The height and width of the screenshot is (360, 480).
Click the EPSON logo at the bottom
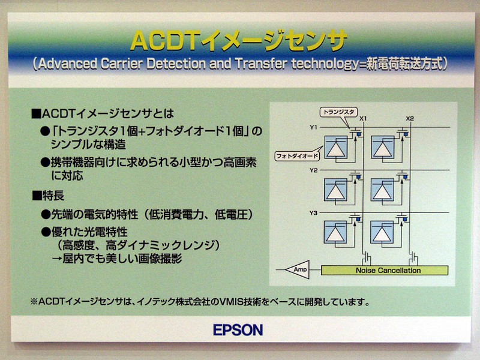point(238,330)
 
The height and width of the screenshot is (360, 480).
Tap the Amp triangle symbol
point(298,269)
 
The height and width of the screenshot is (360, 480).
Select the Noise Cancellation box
point(385,271)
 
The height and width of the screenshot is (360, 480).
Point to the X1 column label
point(363,118)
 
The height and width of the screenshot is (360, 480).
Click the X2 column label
point(410,118)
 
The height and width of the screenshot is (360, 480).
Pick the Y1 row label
point(313,127)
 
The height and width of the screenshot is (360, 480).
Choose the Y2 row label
point(313,170)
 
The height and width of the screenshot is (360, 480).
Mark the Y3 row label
point(313,213)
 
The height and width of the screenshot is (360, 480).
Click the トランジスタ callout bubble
point(338,112)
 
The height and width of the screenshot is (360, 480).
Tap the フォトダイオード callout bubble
point(297,156)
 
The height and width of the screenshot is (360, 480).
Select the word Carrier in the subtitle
point(122,64)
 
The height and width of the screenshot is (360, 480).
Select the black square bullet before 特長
point(37,196)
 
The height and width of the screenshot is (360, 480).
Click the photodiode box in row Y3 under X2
point(382,232)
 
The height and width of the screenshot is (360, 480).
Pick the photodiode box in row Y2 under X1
point(335,190)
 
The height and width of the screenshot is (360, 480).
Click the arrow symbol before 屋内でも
point(57,259)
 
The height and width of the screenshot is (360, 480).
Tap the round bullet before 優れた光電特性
point(46,232)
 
